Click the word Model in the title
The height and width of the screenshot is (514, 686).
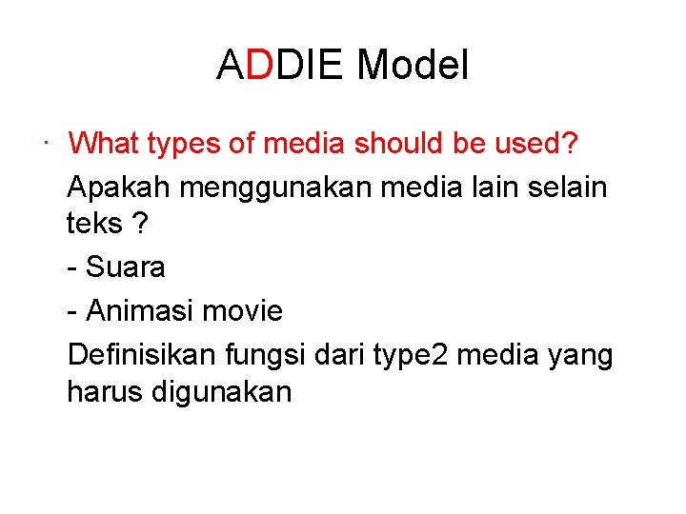click(x=413, y=67)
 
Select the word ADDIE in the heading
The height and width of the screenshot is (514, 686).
click(x=282, y=67)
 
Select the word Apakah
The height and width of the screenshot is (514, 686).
click(x=119, y=188)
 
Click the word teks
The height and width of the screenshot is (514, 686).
click(x=94, y=224)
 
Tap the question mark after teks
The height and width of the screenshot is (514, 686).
click(x=140, y=224)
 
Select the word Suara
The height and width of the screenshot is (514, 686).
click(x=126, y=267)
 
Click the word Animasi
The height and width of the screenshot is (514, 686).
click(x=141, y=310)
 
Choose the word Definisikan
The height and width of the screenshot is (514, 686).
click(x=143, y=355)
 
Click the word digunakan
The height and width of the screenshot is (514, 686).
click(x=222, y=392)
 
